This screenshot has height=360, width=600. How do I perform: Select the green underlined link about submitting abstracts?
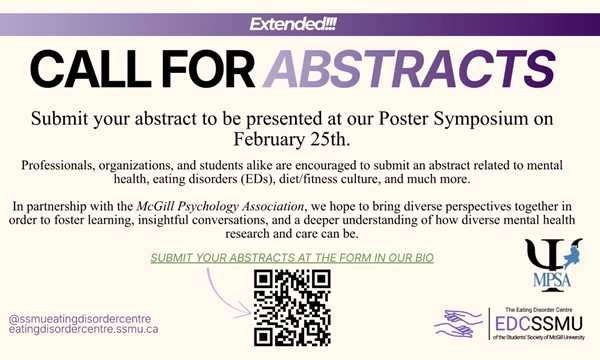click(291, 258)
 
